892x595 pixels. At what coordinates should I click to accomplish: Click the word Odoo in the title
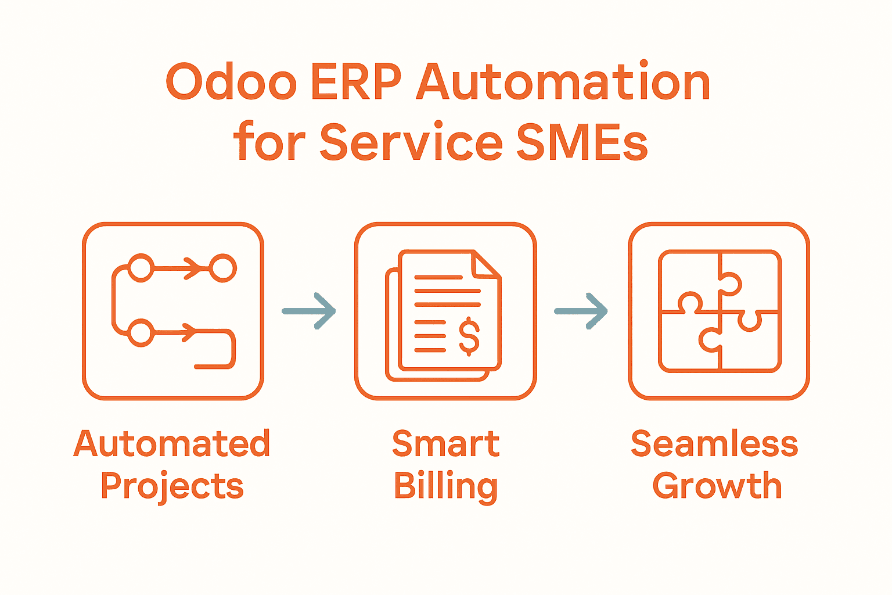pyautogui.click(x=231, y=82)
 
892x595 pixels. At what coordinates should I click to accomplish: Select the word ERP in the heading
pyautogui.click(x=356, y=82)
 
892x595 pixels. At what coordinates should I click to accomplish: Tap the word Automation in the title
pyautogui.click(x=563, y=82)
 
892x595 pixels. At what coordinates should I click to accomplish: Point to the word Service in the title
pyautogui.click(x=411, y=143)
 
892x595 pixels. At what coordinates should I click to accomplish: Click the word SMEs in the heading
pyautogui.click(x=582, y=143)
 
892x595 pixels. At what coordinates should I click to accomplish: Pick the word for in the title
pyautogui.click(x=269, y=143)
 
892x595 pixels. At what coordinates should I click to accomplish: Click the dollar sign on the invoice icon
pyautogui.click(x=469, y=336)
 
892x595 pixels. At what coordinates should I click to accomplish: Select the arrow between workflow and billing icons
pyautogui.click(x=309, y=311)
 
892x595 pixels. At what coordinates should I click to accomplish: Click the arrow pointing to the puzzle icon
pyautogui.click(x=581, y=311)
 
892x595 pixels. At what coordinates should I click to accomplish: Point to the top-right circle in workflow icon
pyautogui.click(x=222, y=268)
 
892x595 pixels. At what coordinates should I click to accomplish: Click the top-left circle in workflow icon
pyautogui.click(x=140, y=268)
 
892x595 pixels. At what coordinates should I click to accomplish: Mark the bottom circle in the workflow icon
pyautogui.click(x=140, y=333)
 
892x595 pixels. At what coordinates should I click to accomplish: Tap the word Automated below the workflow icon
pyautogui.click(x=172, y=444)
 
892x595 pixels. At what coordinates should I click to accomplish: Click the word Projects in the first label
pyautogui.click(x=172, y=487)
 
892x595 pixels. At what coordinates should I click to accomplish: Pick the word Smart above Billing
pyautogui.click(x=445, y=444)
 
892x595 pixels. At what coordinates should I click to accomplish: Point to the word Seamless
pyautogui.click(x=714, y=444)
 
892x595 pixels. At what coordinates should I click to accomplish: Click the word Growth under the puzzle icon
pyautogui.click(x=717, y=486)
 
